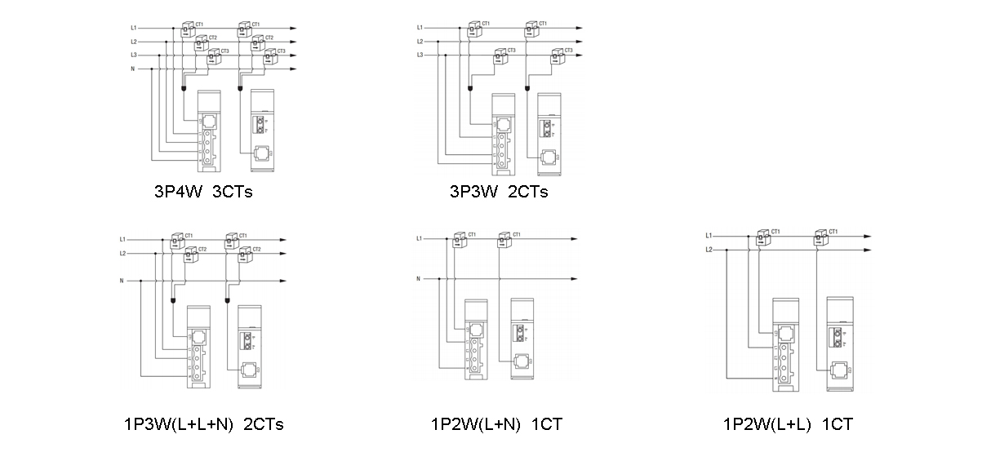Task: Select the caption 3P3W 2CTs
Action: pos(498,193)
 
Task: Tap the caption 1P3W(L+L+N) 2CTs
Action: pos(203,424)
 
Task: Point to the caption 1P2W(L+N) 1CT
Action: pos(496,424)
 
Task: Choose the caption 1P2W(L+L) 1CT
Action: pos(788,424)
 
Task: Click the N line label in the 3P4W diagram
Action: pos(132,69)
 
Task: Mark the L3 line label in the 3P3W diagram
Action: pos(420,55)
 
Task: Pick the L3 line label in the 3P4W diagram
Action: pos(133,55)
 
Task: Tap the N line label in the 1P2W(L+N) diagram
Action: pos(419,279)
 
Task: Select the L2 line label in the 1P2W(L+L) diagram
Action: pos(709,250)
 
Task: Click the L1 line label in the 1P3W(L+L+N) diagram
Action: pos(122,240)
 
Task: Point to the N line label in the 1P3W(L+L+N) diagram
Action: pos(122,281)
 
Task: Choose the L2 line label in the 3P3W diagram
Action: pos(420,42)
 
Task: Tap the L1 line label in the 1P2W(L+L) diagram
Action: pos(709,237)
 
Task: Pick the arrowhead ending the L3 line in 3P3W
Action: pos(580,55)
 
